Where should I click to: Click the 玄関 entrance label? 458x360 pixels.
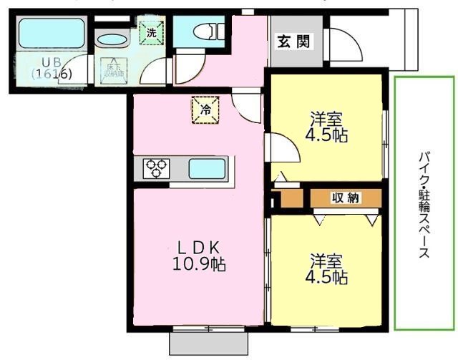[x=294, y=42]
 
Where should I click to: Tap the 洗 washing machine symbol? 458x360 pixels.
[x=152, y=32]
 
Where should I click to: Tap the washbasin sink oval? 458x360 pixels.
[x=111, y=41]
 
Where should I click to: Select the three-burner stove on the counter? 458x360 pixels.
[x=157, y=169]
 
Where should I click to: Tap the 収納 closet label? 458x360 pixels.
[x=345, y=198]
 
